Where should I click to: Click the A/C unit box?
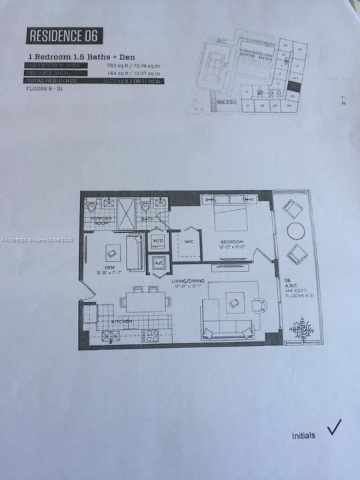pyautogui.click(x=159, y=263)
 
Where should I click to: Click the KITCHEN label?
pyautogui.click(x=121, y=322)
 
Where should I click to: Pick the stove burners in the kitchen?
pyautogui.click(x=149, y=335)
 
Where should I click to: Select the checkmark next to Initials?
pyautogui.click(x=334, y=428)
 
